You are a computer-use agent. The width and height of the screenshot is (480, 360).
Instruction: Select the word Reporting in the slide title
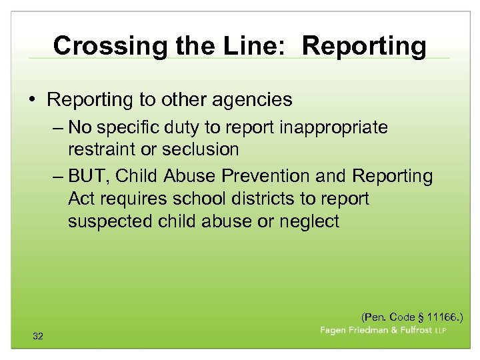pyautogui.click(x=364, y=46)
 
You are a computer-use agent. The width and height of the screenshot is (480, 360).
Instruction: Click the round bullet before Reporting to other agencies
pyautogui.click(x=33, y=100)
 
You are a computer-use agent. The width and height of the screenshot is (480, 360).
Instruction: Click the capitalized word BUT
pyautogui.click(x=90, y=177)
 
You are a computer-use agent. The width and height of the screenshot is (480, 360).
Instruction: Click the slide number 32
pyautogui.click(x=38, y=337)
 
